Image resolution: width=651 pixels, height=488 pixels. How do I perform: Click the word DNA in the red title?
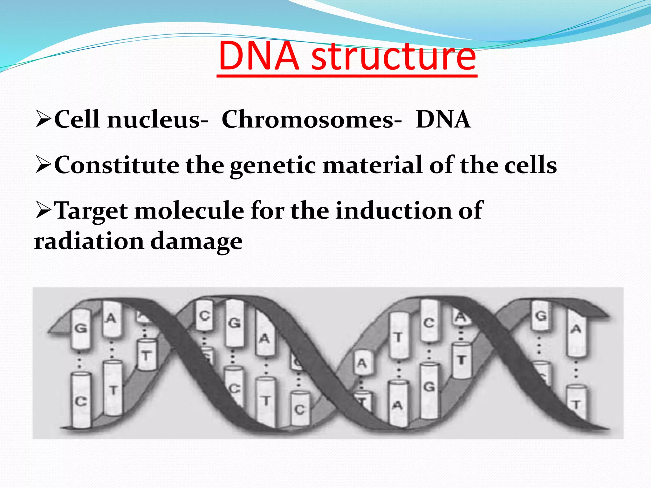259,56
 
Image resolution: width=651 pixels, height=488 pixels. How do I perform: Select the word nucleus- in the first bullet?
158,120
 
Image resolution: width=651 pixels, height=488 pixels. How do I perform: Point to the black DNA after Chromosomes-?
443,119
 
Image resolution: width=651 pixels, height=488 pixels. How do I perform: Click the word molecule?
189,211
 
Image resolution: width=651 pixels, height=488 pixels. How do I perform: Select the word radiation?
89,241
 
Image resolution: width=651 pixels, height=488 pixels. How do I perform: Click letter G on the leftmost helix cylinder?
80,328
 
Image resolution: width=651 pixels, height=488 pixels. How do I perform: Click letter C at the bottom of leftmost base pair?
80,402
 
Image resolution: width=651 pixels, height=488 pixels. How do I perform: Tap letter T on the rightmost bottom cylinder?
576,405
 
